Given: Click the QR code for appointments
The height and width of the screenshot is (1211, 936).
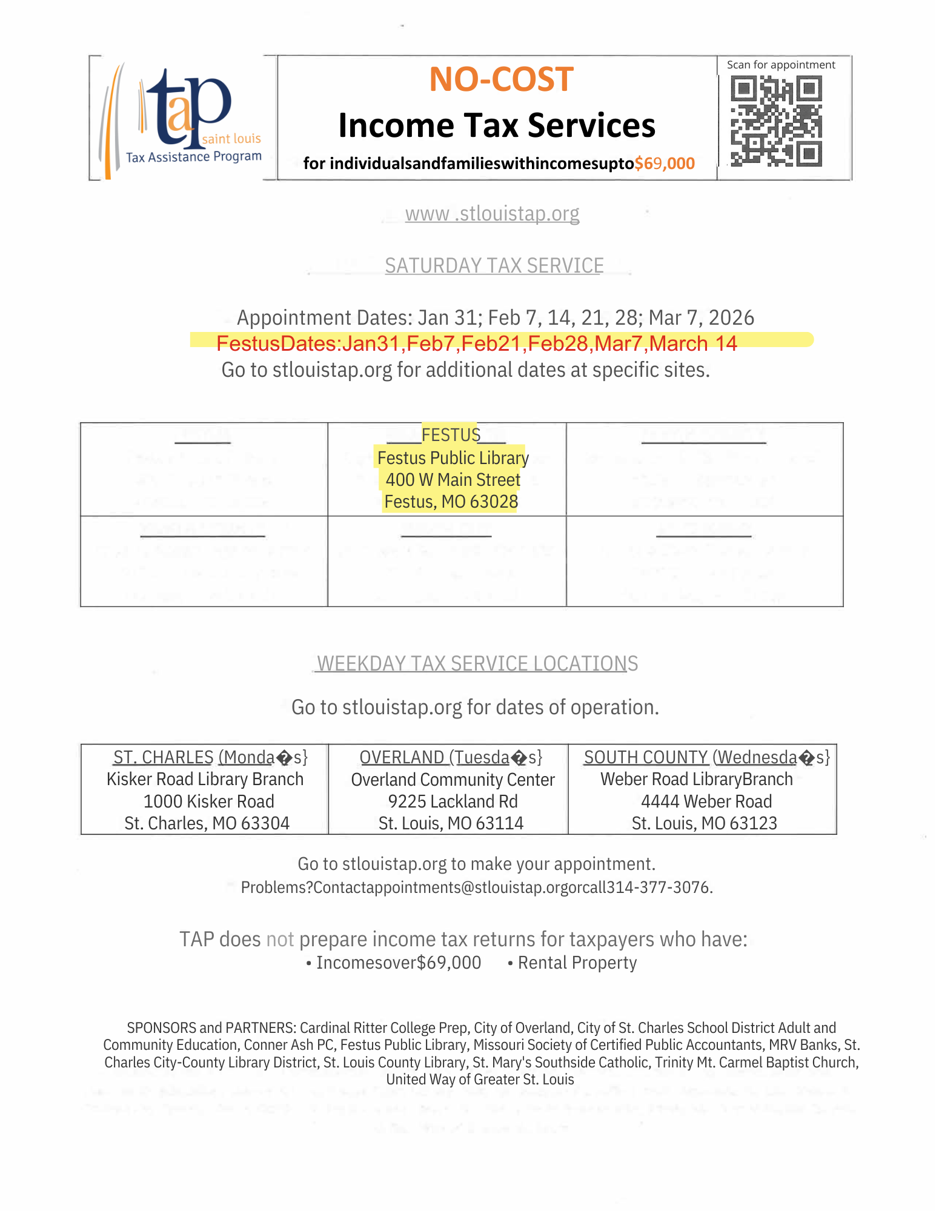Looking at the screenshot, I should click(776, 121).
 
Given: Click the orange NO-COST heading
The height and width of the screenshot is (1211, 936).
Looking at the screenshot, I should click(501, 79).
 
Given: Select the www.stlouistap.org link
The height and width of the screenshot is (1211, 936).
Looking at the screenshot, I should click(492, 214).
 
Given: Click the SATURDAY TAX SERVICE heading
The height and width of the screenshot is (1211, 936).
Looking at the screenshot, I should click(494, 266).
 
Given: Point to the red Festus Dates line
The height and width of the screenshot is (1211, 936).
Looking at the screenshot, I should click(477, 343).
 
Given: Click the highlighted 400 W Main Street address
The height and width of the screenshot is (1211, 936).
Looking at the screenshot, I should click(453, 480).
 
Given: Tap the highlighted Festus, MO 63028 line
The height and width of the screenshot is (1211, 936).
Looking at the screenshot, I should click(451, 502).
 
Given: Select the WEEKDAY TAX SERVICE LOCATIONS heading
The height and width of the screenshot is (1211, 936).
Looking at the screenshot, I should click(477, 664).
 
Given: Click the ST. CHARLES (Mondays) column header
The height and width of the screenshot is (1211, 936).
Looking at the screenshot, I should click(210, 757).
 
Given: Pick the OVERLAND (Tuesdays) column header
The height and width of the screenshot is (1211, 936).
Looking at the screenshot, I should click(451, 757).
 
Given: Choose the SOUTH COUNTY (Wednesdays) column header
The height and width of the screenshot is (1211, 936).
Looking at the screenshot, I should click(706, 757).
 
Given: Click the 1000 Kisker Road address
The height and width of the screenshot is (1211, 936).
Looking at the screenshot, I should click(208, 801).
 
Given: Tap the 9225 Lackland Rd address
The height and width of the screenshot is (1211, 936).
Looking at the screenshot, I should click(453, 801).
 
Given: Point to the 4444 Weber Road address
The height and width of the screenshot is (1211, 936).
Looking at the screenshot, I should click(706, 801).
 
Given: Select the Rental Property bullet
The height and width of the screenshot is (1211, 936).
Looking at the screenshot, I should click(577, 963).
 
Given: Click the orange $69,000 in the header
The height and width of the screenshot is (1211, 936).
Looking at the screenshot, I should click(665, 164).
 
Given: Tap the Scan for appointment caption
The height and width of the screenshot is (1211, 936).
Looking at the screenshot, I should click(781, 65).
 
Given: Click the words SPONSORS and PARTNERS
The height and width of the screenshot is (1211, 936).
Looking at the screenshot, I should click(210, 1028).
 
